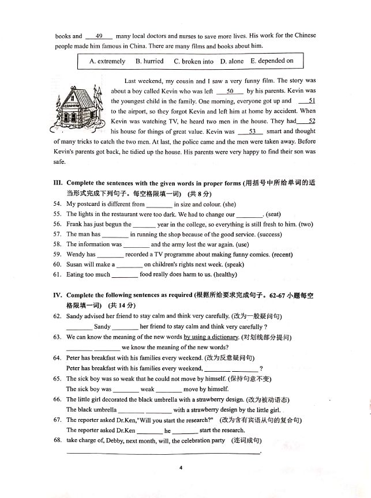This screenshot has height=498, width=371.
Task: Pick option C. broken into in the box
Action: click(x=193, y=61)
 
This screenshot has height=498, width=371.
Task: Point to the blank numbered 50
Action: click(x=230, y=91)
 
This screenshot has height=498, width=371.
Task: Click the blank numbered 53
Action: click(x=252, y=131)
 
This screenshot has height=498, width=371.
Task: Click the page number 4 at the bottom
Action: click(x=180, y=467)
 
